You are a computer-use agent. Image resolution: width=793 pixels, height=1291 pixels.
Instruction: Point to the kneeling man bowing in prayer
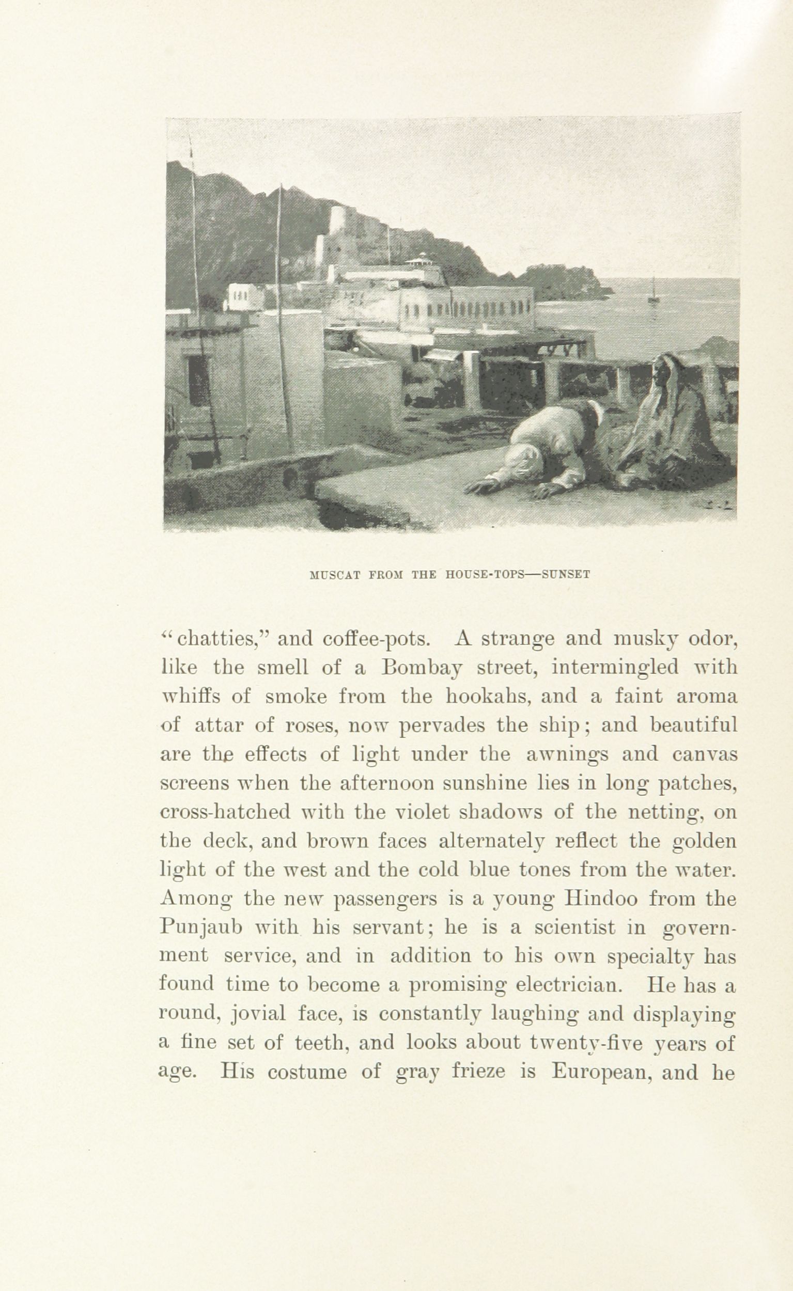(x=546, y=446)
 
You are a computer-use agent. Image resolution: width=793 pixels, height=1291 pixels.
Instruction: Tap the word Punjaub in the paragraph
(x=200, y=929)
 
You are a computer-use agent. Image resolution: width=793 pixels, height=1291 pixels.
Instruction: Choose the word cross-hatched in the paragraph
(x=225, y=812)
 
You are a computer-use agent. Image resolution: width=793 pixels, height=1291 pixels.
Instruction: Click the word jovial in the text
(x=257, y=1015)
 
